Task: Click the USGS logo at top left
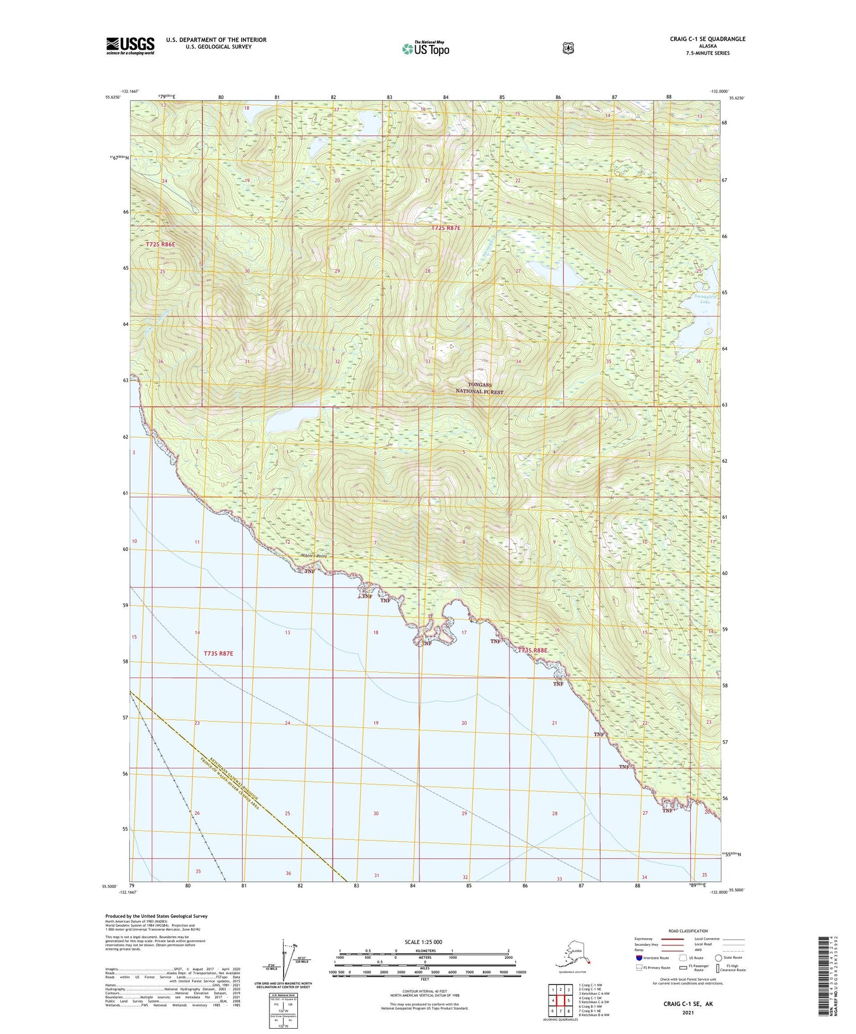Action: tap(130, 46)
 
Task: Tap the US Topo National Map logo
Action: tap(425, 48)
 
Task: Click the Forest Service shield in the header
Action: tap(568, 48)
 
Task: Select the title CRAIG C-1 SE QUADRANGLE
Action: tap(707, 39)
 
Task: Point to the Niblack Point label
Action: tap(313, 556)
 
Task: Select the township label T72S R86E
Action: tap(161, 244)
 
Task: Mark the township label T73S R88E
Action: tap(533, 650)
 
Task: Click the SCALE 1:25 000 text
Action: tap(423, 942)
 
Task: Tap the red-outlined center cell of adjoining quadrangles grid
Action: tap(560, 1001)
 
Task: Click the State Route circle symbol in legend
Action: tap(718, 958)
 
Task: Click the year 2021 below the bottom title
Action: tap(688, 1012)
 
